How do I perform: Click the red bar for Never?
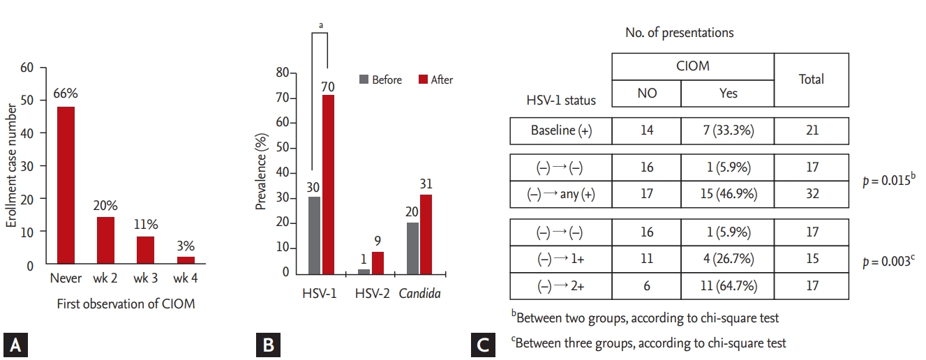pyautogui.click(x=67, y=186)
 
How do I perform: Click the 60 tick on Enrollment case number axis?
pyautogui.click(x=27, y=68)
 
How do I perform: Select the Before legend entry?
pyautogui.click(x=380, y=80)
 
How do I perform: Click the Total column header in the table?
pyautogui.click(x=811, y=80)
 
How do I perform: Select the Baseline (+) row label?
pyautogui.click(x=561, y=130)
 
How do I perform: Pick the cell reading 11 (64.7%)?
pyautogui.click(x=727, y=286)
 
